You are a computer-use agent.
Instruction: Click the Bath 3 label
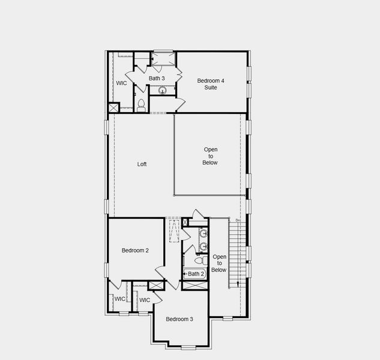(157, 78)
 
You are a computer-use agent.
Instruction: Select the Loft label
(142, 164)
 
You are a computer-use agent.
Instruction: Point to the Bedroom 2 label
(135, 250)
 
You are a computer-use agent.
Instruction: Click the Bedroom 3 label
(179, 319)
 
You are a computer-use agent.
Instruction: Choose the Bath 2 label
(196, 274)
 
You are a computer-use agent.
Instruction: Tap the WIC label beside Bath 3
(121, 83)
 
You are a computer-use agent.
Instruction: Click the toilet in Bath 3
(141, 106)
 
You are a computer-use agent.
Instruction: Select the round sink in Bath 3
(162, 91)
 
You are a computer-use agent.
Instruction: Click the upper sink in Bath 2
(204, 233)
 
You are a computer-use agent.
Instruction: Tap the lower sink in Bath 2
(204, 246)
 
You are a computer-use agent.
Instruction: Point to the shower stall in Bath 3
(162, 59)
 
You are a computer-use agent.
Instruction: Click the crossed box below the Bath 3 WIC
(113, 107)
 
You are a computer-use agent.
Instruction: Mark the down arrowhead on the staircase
(238, 285)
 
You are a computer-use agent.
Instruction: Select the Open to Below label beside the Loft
(210, 156)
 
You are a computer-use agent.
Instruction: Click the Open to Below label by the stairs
(219, 263)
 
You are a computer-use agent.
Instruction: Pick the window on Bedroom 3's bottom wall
(188, 347)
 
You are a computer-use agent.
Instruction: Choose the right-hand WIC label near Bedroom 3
(145, 300)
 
